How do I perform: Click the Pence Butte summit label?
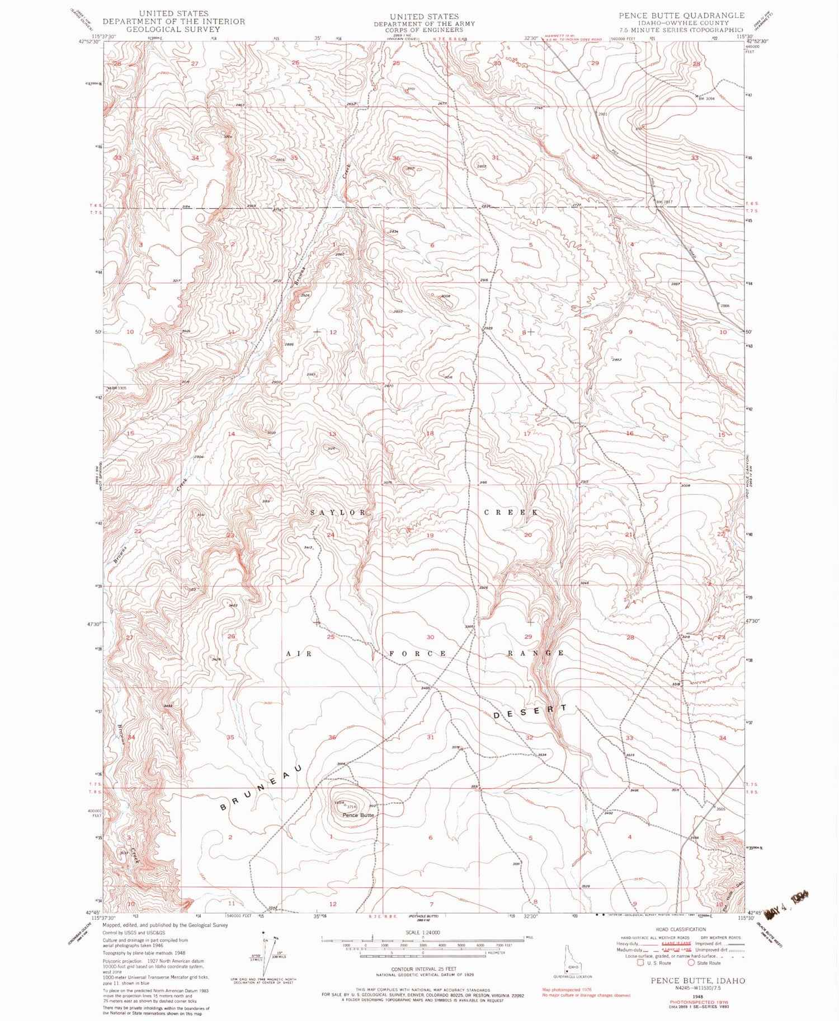coord(358,815)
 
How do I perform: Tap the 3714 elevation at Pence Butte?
coord(351,807)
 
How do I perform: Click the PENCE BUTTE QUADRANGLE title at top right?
coord(681,15)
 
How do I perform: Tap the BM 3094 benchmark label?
coord(707,99)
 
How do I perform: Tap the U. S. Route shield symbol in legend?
coord(631,963)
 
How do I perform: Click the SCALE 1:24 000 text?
coord(422,933)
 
